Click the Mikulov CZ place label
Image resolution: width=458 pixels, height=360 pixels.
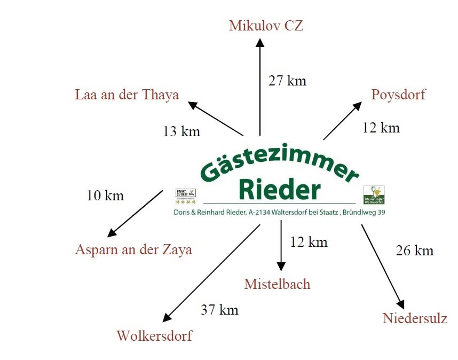click(x=266, y=26)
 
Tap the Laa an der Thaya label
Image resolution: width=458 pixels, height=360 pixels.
click(x=127, y=95)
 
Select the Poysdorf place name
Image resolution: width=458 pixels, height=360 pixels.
click(x=398, y=95)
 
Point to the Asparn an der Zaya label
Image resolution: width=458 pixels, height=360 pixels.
click(x=133, y=249)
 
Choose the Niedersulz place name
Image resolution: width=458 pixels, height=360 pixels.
click(x=415, y=319)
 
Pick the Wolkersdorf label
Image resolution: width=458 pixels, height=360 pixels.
click(x=154, y=336)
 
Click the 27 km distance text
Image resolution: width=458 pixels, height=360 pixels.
click(x=287, y=81)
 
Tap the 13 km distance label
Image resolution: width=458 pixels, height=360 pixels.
click(x=181, y=131)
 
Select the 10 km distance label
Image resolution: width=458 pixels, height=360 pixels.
click(x=105, y=195)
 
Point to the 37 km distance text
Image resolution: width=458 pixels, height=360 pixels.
click(x=219, y=309)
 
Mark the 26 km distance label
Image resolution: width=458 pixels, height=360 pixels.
click(x=415, y=251)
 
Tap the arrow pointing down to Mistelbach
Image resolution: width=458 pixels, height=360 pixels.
click(x=281, y=246)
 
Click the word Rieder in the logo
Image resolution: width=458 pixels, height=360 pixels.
click(x=280, y=189)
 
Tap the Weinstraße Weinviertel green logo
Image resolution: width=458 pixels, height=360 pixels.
click(x=374, y=195)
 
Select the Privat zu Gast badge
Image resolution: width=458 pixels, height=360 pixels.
click(x=186, y=196)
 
